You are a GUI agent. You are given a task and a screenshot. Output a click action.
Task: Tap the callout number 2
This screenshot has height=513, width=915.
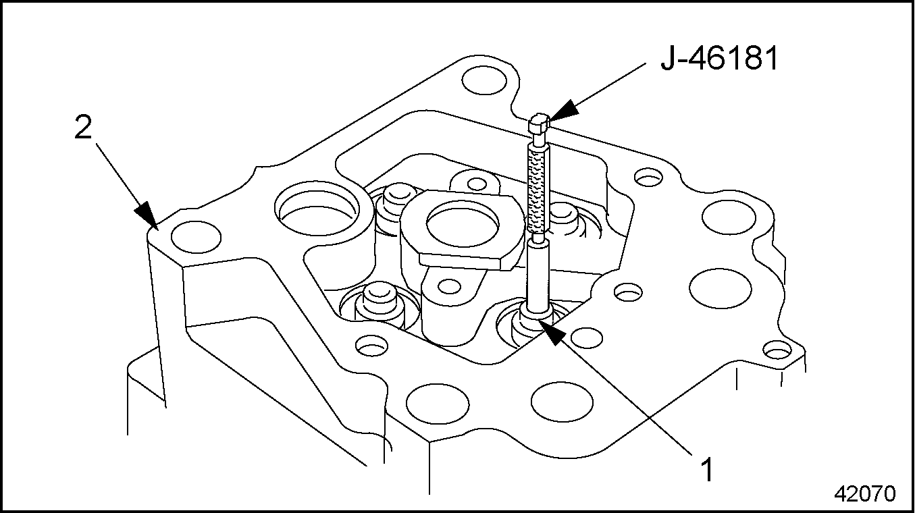point(83,128)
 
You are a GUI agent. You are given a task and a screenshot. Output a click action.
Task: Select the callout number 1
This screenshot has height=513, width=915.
point(706,470)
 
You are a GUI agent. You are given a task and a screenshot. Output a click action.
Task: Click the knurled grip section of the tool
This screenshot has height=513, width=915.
point(538,190)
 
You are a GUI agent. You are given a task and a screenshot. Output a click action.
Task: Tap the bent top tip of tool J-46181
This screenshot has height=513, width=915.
point(539,123)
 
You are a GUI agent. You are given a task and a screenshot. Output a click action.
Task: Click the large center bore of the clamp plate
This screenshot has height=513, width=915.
point(463,223)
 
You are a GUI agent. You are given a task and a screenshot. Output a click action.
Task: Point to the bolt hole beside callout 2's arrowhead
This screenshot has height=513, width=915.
point(196,237)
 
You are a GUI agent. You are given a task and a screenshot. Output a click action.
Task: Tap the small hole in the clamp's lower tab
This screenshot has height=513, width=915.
point(449,286)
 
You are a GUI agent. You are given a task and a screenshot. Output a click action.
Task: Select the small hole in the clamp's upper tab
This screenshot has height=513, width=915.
point(477,184)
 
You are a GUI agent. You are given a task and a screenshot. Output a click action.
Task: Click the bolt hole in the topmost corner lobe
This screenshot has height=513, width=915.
point(484,80)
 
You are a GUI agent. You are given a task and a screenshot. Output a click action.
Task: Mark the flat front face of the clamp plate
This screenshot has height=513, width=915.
point(466,261)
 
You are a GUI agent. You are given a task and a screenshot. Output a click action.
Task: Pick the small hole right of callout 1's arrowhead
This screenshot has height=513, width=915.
point(586,337)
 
